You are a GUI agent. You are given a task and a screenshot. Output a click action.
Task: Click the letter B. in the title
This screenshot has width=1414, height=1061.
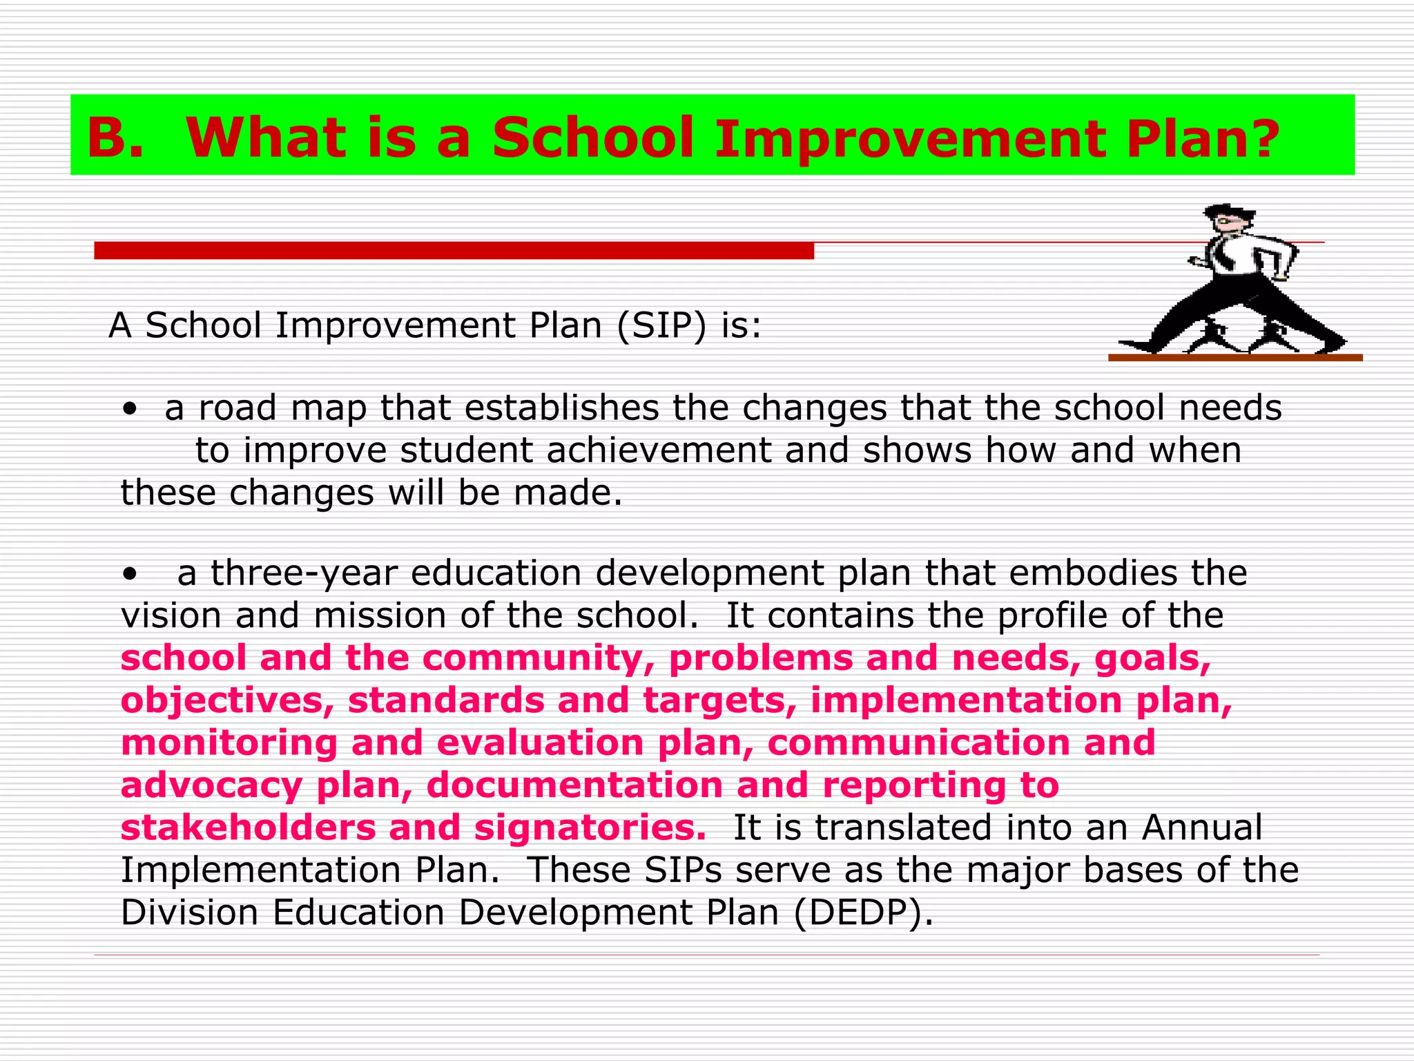pyautogui.click(x=115, y=138)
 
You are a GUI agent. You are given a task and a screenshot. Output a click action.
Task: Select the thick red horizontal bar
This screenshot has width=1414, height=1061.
pyautogui.click(x=454, y=251)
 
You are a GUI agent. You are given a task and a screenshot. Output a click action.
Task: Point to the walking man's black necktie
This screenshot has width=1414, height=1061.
pyautogui.click(x=1223, y=256)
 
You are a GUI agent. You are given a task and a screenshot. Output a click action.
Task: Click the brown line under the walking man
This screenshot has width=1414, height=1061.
pyautogui.click(x=1234, y=358)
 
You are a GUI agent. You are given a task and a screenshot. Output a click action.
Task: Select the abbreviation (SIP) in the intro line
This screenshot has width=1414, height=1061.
pyautogui.click(x=661, y=325)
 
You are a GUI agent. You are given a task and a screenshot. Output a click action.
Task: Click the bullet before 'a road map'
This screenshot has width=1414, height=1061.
pyautogui.click(x=128, y=409)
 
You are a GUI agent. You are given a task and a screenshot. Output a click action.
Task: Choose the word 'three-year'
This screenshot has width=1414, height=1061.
pyautogui.click(x=304, y=573)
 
